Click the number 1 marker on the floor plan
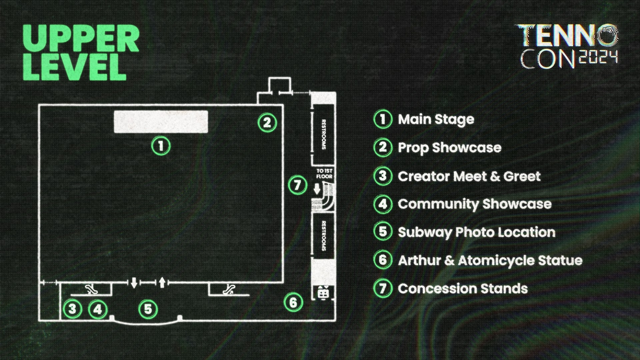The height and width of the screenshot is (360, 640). coord(161,146)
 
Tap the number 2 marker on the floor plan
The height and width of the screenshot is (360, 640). coord(267,123)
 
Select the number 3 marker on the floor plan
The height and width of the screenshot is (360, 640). coord(72,309)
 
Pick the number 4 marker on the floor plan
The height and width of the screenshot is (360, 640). coord(98,309)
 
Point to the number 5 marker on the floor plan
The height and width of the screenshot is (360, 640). coord(148,309)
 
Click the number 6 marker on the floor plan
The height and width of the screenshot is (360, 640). coord(293,302)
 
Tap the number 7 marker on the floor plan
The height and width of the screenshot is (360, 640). coord(298,185)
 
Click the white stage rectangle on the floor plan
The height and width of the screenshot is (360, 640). coord(161,122)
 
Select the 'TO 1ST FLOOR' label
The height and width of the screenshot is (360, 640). coord(324,174)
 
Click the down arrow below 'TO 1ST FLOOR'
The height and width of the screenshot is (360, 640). coord(317,189)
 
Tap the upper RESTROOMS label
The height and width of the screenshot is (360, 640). coord(323,134)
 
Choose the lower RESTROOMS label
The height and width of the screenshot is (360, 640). coord(323,235)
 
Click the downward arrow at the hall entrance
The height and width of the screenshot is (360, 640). coord(134,283)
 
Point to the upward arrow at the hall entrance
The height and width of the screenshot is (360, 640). coord(162,282)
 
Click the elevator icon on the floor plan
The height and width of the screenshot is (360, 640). coord(323,293)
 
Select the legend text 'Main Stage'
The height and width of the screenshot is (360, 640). coord(436,119)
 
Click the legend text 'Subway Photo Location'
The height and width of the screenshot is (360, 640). coord(477,232)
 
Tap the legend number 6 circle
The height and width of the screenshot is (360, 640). coord(383,260)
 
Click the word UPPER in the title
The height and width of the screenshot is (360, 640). coord(81,39)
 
